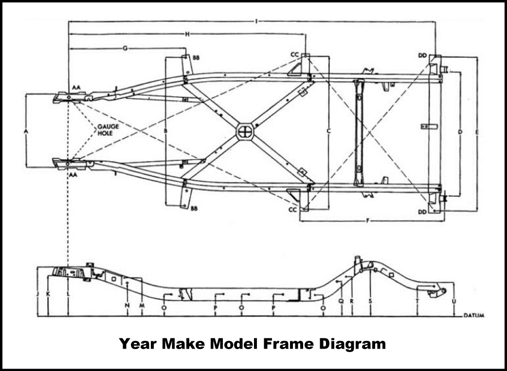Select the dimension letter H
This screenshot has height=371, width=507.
[x=187, y=34]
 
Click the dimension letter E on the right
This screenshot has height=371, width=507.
[x=477, y=132]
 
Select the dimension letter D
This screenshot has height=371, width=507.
[x=460, y=132]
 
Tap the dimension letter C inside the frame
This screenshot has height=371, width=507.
[x=328, y=131]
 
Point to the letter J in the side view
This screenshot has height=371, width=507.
[x=37, y=295]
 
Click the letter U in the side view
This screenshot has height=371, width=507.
[x=454, y=301]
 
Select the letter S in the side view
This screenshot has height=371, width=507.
[x=370, y=301]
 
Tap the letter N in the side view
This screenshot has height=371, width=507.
[x=127, y=305]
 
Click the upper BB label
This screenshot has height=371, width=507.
[x=196, y=57]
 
